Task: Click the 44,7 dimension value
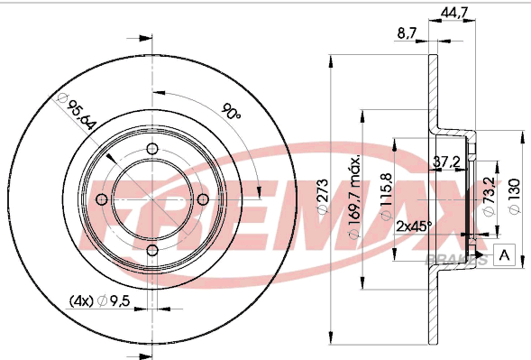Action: click(454, 13)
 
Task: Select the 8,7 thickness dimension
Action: click(407, 32)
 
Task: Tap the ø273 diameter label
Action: click(323, 197)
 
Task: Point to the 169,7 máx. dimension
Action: click(354, 198)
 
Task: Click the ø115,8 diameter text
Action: click(387, 197)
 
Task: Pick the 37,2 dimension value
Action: click(447, 162)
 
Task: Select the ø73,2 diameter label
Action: click(490, 197)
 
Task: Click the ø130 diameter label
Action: click(515, 197)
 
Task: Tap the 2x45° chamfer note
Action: click(415, 226)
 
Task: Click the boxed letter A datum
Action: click(505, 254)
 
